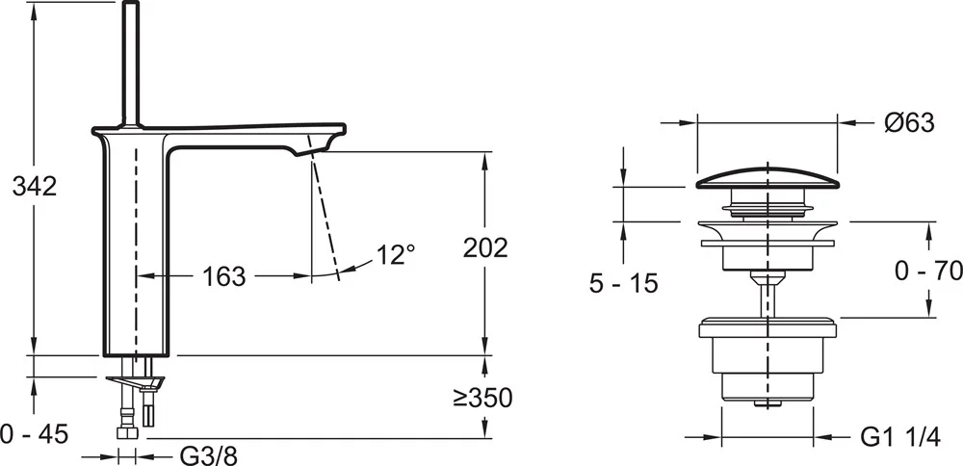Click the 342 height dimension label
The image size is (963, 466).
(x=35, y=186)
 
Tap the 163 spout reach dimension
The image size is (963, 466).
(x=224, y=277)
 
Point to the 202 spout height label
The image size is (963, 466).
(x=485, y=248)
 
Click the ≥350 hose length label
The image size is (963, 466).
(x=482, y=399)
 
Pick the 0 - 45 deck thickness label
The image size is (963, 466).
(x=35, y=434)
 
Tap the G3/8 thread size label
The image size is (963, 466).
(x=208, y=456)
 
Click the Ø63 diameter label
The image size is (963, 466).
(x=910, y=123)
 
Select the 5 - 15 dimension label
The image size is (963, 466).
(x=623, y=284)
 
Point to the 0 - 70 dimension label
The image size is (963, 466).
(x=928, y=271)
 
